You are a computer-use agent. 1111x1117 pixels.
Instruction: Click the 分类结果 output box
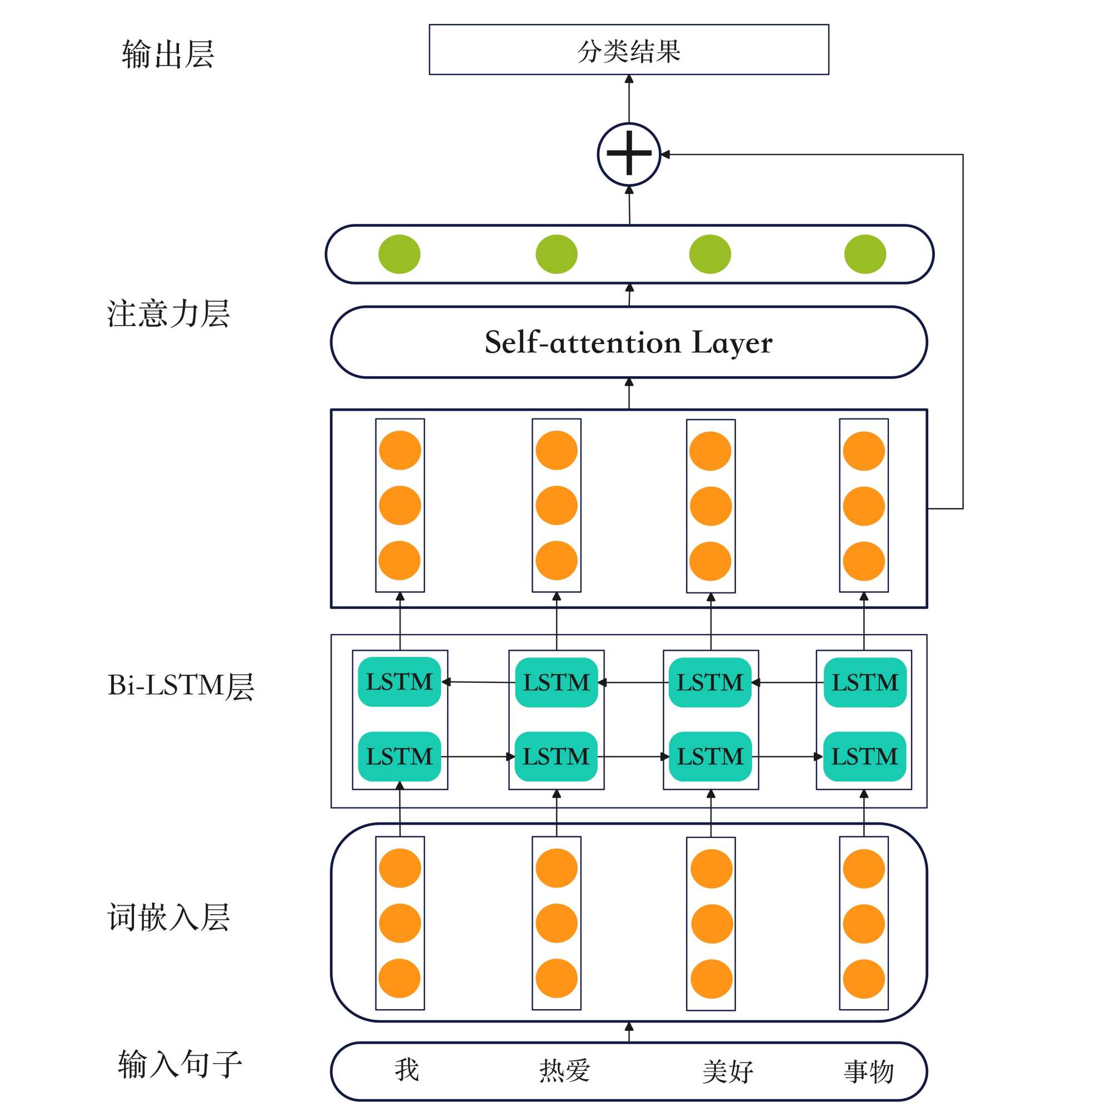628,49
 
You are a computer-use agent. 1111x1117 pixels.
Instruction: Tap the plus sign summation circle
628,154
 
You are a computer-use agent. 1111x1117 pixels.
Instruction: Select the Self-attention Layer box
628,342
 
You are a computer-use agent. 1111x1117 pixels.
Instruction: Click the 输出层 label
168,55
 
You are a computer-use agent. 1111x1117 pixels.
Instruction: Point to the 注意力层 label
168,314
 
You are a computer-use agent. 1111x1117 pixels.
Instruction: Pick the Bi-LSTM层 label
181,686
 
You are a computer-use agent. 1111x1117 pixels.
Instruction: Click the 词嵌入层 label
168,917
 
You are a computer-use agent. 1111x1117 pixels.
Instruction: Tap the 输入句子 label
180,1064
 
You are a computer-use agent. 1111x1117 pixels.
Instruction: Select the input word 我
407,1070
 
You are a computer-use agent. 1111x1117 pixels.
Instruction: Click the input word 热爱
564,1071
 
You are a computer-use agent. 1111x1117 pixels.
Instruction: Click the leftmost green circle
399,255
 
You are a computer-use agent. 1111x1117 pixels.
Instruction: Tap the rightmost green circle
864,255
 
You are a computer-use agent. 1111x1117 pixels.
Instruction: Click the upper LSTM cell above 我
399,682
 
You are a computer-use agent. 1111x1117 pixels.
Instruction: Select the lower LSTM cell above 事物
864,757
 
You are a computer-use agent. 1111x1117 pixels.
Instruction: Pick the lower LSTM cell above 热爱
555,757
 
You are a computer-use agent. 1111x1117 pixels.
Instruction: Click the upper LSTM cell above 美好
709,683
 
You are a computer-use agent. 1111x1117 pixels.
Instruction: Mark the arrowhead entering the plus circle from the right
665,154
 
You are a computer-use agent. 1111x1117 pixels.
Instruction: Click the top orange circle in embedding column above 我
399,869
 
